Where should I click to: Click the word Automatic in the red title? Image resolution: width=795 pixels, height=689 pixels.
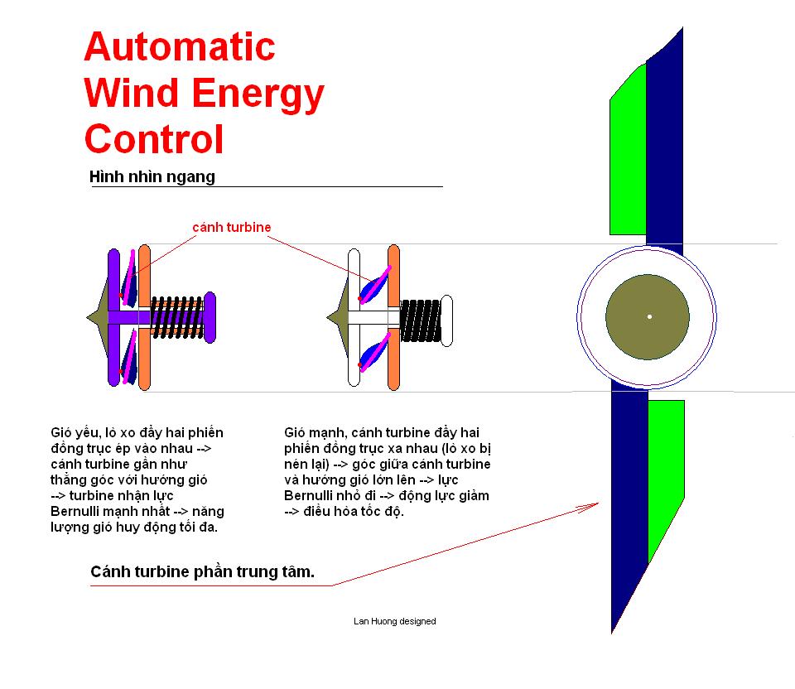(x=180, y=46)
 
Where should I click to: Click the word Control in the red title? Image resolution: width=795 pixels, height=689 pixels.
(x=154, y=139)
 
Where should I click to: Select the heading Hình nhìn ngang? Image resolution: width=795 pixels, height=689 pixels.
(x=152, y=176)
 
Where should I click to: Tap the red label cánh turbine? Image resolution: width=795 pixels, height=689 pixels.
(x=232, y=227)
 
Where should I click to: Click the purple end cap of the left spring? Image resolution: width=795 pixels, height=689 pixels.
(x=210, y=317)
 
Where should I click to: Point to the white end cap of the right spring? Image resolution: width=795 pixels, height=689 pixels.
(x=446, y=321)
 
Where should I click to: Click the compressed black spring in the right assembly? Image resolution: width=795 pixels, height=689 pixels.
(x=421, y=321)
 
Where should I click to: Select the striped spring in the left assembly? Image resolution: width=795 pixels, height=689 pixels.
(x=177, y=317)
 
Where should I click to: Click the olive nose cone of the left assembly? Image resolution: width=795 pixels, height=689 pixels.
(x=98, y=317)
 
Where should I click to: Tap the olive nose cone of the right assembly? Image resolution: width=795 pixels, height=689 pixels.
(x=338, y=318)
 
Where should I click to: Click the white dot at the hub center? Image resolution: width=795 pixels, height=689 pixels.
(x=649, y=317)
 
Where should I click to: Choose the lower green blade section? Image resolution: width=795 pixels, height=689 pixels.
(x=666, y=471)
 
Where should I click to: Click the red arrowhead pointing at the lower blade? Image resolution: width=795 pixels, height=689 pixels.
(x=590, y=506)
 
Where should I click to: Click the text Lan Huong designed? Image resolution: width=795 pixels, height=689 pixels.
(x=395, y=621)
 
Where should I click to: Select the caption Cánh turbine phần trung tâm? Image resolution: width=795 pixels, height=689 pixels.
(x=202, y=572)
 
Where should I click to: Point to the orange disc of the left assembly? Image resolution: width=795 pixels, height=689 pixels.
(x=144, y=317)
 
